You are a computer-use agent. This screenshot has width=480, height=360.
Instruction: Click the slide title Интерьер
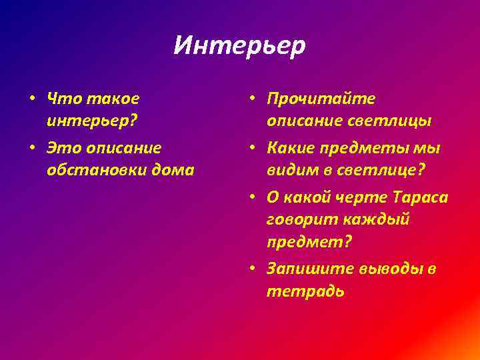click(239, 45)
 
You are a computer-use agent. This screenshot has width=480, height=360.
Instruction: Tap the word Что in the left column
click(61, 99)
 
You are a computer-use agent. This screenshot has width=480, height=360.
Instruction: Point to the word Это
click(62, 147)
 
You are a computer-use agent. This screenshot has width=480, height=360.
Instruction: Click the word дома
click(173, 170)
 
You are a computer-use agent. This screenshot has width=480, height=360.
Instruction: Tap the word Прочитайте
click(321, 99)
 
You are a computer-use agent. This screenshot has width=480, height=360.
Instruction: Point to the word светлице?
click(379, 170)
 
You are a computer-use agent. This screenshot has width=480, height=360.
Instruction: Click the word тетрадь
click(305, 291)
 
